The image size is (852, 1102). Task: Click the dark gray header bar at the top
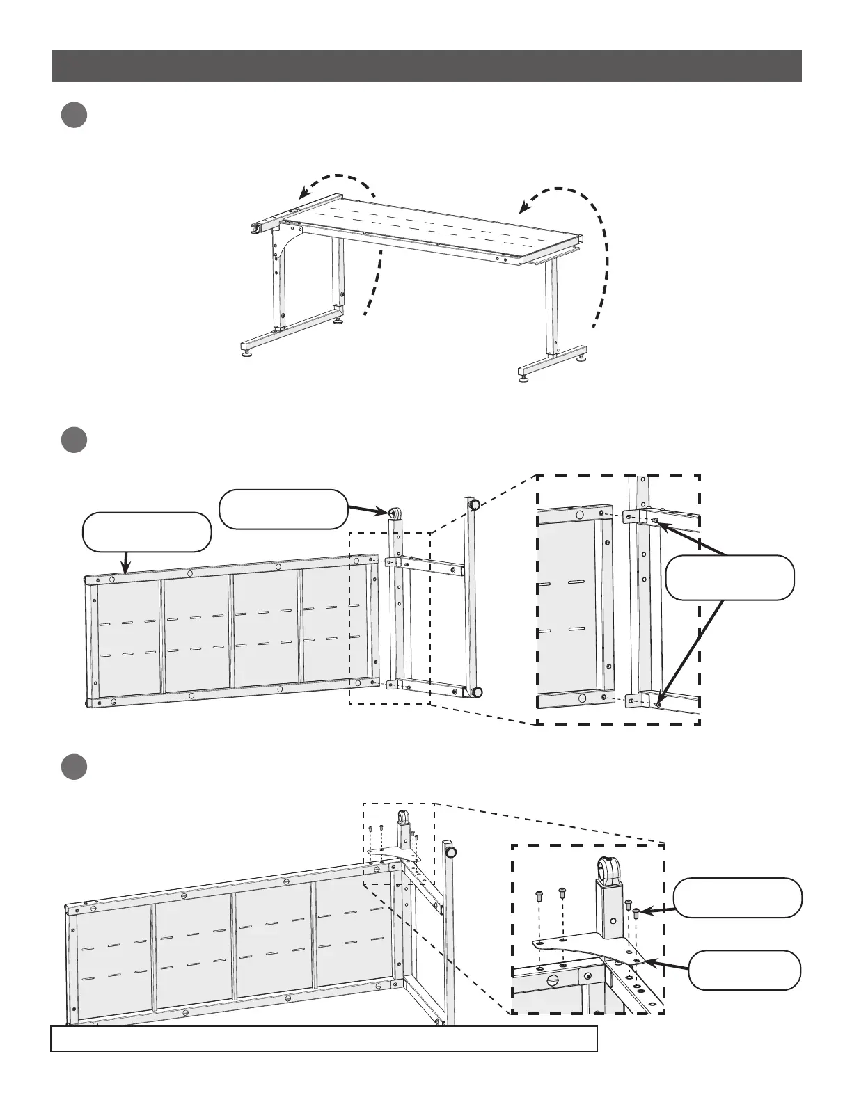point(426,65)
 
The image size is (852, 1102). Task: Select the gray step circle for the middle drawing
point(72,440)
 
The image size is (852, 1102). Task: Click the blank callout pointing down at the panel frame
point(146,532)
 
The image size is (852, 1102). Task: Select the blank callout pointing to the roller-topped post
point(283,509)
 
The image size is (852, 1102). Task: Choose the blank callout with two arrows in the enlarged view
point(729,577)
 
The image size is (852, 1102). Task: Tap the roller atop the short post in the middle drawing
point(394,514)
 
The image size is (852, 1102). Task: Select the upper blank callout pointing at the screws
point(738,897)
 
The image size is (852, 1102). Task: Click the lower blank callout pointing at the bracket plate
point(744,970)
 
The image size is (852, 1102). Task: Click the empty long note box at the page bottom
point(324,1037)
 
